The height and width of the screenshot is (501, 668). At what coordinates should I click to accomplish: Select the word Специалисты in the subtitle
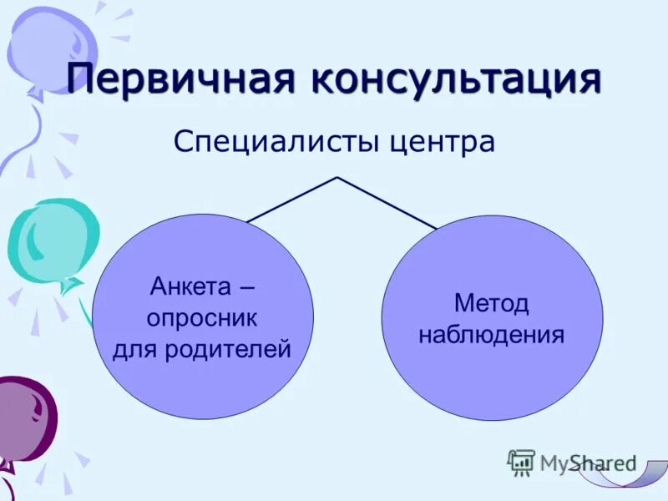(x=278, y=140)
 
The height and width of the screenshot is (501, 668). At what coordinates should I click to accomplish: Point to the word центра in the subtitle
(x=443, y=140)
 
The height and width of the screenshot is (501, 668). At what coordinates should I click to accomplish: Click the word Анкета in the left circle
(x=190, y=288)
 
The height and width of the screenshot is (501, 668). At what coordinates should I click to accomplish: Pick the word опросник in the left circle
(x=202, y=318)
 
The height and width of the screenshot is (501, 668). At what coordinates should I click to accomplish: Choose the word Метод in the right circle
(x=492, y=304)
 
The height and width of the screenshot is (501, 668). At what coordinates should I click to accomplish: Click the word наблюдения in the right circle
(x=492, y=335)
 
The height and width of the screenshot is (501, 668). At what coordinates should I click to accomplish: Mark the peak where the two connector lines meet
(x=337, y=177)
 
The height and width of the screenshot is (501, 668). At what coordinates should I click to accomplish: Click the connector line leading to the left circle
(x=292, y=199)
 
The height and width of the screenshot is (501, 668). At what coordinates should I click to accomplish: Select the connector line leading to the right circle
(x=386, y=202)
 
